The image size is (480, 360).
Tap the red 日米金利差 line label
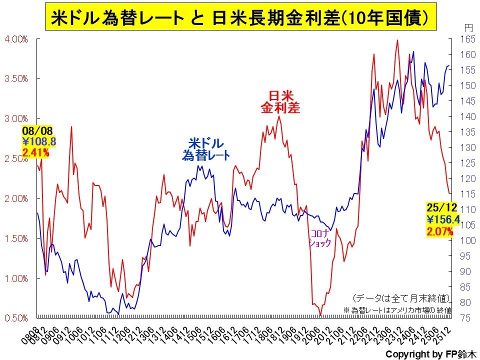280,101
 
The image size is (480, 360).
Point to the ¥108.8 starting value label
39,141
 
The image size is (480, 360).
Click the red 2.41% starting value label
36,152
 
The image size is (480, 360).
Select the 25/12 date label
440,207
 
